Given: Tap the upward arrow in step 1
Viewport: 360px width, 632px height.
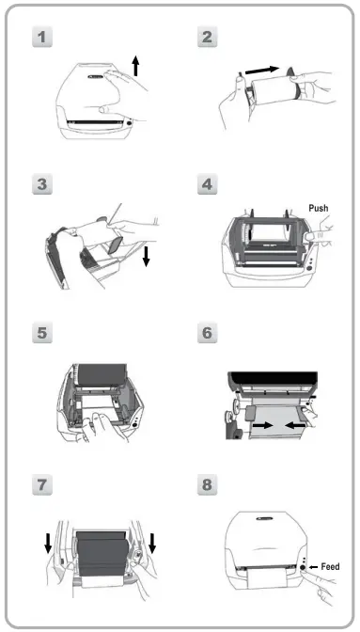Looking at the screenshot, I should tap(136, 65).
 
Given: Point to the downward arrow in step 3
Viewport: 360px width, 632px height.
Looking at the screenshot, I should tap(147, 256).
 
